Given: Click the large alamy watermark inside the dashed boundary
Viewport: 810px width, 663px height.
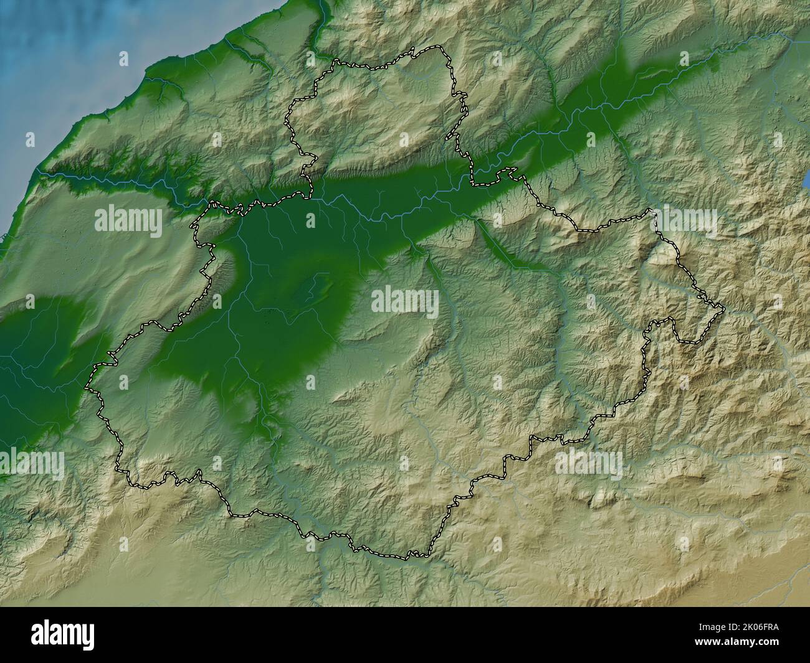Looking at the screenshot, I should [405, 301].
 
